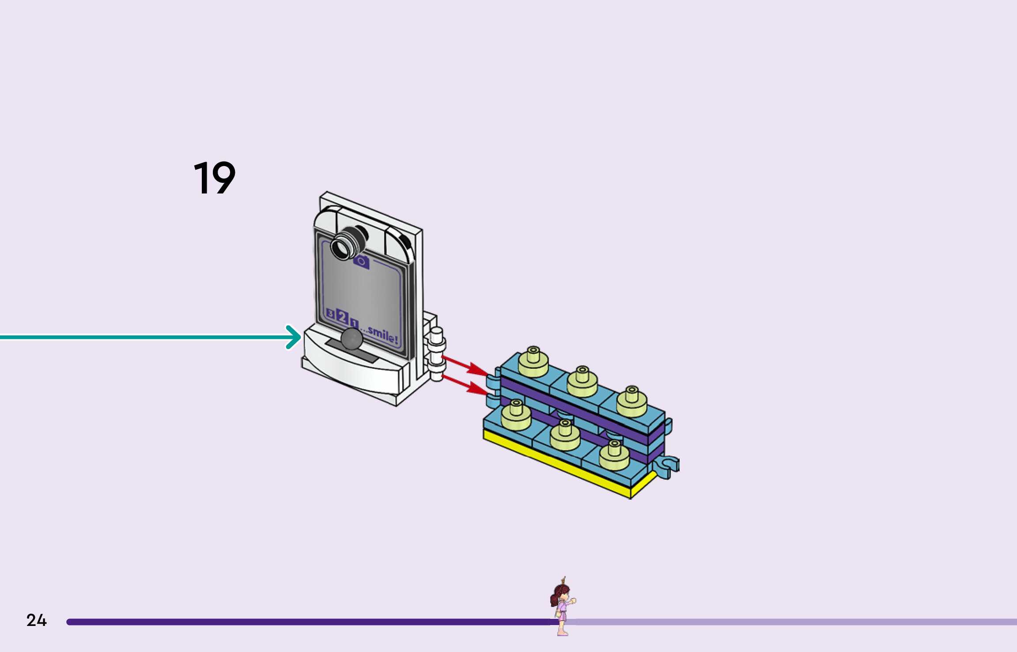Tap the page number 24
click(36, 620)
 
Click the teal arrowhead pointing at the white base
click(294, 337)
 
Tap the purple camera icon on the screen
click(361, 262)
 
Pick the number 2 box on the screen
click(342, 316)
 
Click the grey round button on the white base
click(352, 338)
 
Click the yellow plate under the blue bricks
click(556, 464)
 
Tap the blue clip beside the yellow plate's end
click(667, 466)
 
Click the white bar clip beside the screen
click(436, 353)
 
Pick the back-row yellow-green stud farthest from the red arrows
click(631, 401)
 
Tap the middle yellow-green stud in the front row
click(565, 435)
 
